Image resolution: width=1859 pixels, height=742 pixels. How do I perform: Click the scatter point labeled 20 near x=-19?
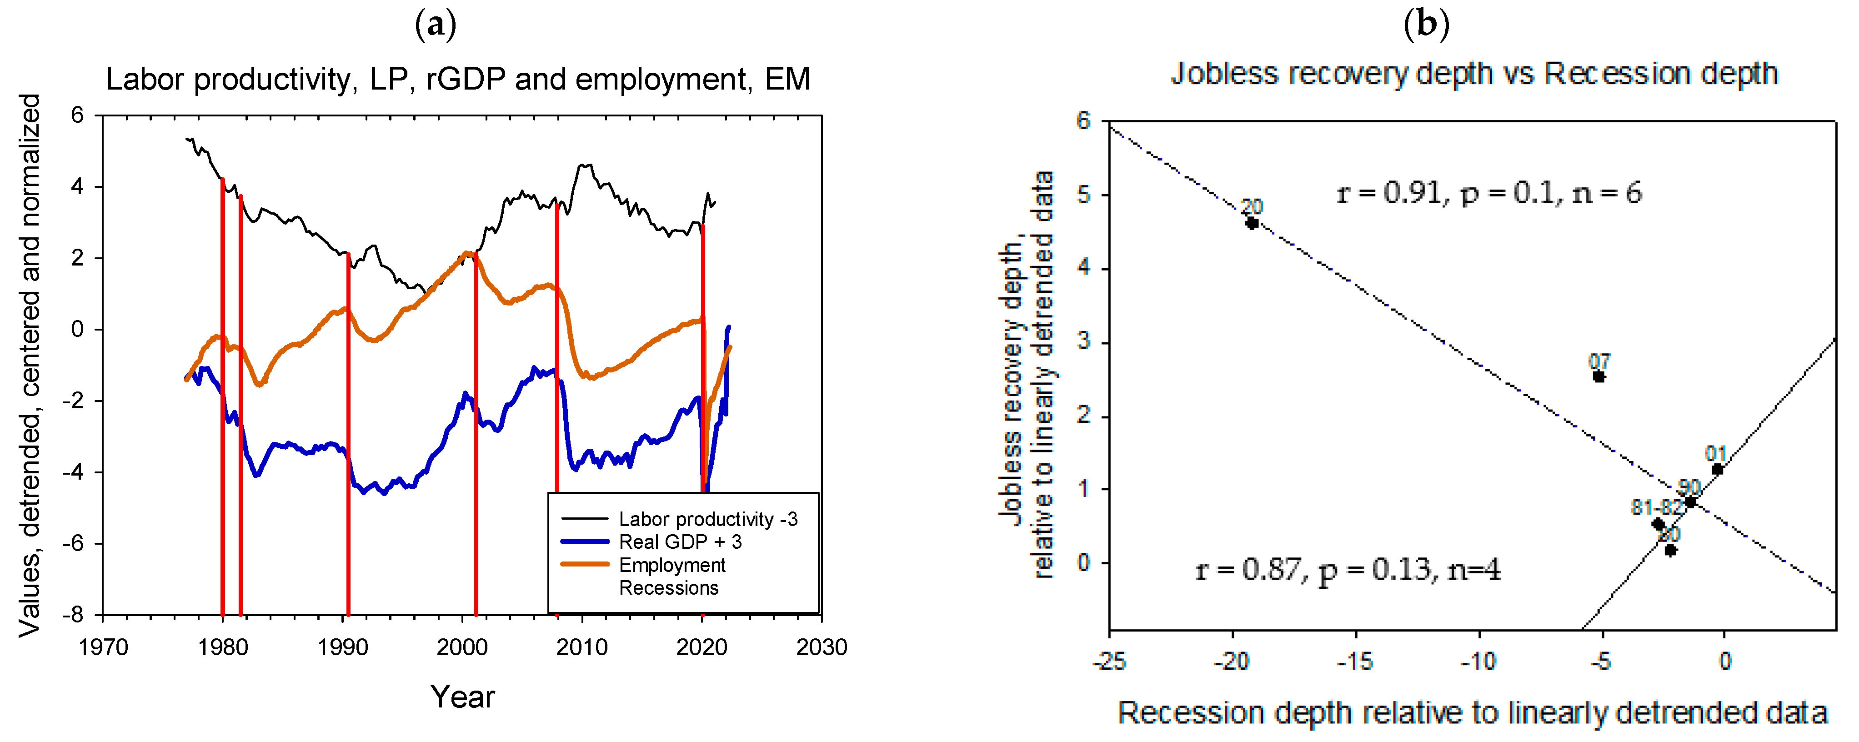point(1252,223)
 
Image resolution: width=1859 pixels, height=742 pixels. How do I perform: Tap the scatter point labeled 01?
point(1718,470)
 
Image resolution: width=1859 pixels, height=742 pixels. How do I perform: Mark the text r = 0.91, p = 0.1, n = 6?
point(1489,193)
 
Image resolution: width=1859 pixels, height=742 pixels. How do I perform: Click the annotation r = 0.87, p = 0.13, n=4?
point(1348,570)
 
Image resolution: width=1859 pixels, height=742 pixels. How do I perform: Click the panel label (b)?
point(1426,25)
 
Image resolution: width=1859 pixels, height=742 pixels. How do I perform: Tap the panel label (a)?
point(436,25)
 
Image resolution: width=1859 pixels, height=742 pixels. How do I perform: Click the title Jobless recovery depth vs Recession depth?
point(1473,74)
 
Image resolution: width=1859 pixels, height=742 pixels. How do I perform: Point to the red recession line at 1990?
point(348,433)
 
